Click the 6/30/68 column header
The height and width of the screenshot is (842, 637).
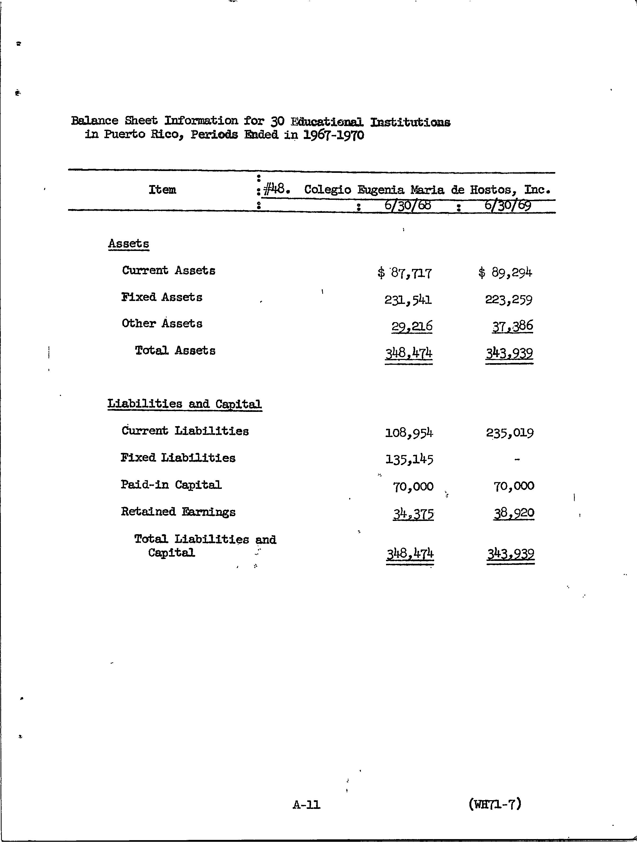pyautogui.click(x=407, y=206)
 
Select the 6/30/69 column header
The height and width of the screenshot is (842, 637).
pyautogui.click(x=508, y=206)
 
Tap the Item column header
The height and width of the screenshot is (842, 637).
pyautogui.click(x=162, y=190)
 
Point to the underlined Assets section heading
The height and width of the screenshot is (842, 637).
pyautogui.click(x=128, y=244)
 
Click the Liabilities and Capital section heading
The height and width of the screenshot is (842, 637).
pyautogui.click(x=184, y=404)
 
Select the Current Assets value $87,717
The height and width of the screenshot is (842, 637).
pyautogui.click(x=405, y=273)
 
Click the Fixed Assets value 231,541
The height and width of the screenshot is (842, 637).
pyautogui.click(x=408, y=300)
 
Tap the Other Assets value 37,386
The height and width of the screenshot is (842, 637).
pyautogui.click(x=512, y=326)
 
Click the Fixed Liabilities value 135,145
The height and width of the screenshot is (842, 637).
pyautogui.click(x=409, y=460)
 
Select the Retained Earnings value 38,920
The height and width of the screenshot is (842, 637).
pyautogui.click(x=514, y=514)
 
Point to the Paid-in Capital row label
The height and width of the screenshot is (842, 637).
pyautogui.click(x=171, y=485)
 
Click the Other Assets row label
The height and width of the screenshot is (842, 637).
pyautogui.click(x=162, y=323)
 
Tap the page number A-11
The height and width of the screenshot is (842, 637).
pyautogui.click(x=307, y=805)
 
